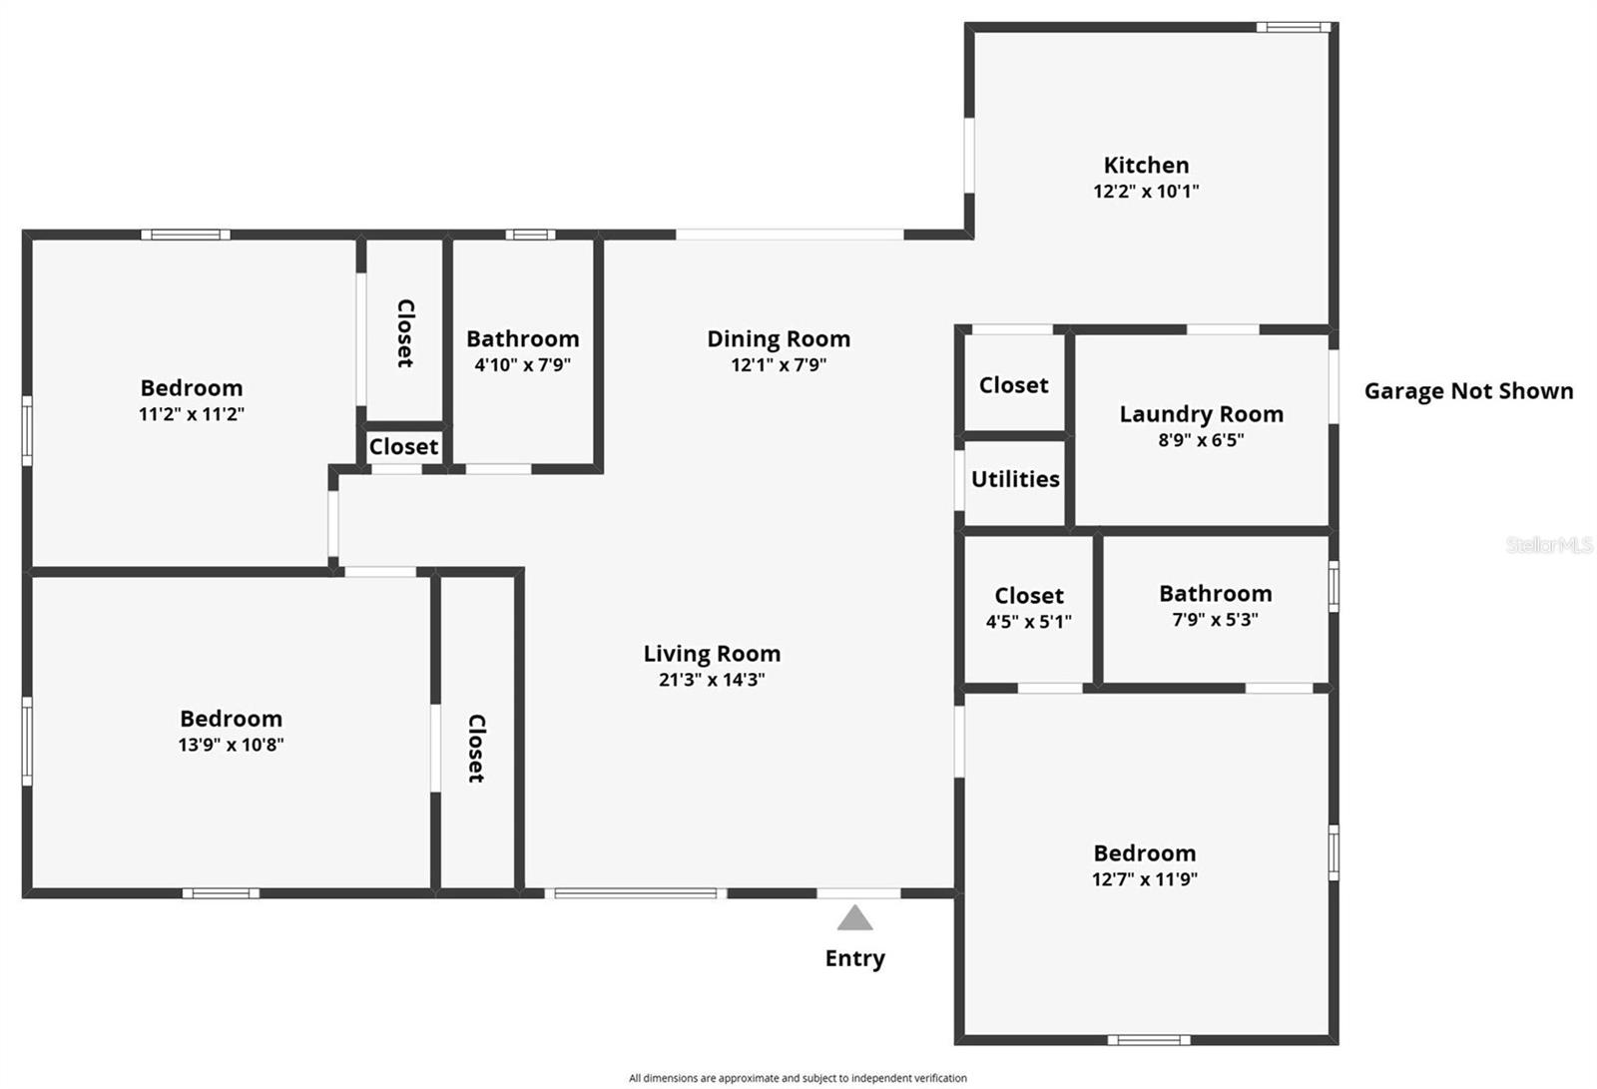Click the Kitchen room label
[x=1146, y=166]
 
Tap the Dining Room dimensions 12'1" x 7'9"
[x=779, y=365]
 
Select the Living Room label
[x=712, y=654]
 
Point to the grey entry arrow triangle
[x=854, y=918]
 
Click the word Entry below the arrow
[x=854, y=958]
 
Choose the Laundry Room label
[x=1201, y=414]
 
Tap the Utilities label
[x=1015, y=479]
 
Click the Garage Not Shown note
[x=1468, y=391]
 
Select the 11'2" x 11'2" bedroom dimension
[x=192, y=414]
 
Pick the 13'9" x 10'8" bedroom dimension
[x=232, y=745]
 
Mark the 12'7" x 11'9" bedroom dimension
[x=1145, y=879]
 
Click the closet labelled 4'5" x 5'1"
[x=1029, y=622]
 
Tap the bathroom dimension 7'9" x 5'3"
[x=1215, y=620]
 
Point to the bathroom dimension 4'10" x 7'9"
[x=523, y=365]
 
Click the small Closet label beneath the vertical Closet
[x=403, y=447]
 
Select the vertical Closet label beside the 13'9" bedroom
[x=476, y=748]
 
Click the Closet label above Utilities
[x=1013, y=385]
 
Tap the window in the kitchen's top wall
[x=1293, y=27]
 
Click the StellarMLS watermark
[x=1548, y=545]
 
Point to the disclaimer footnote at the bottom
[x=798, y=1078]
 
